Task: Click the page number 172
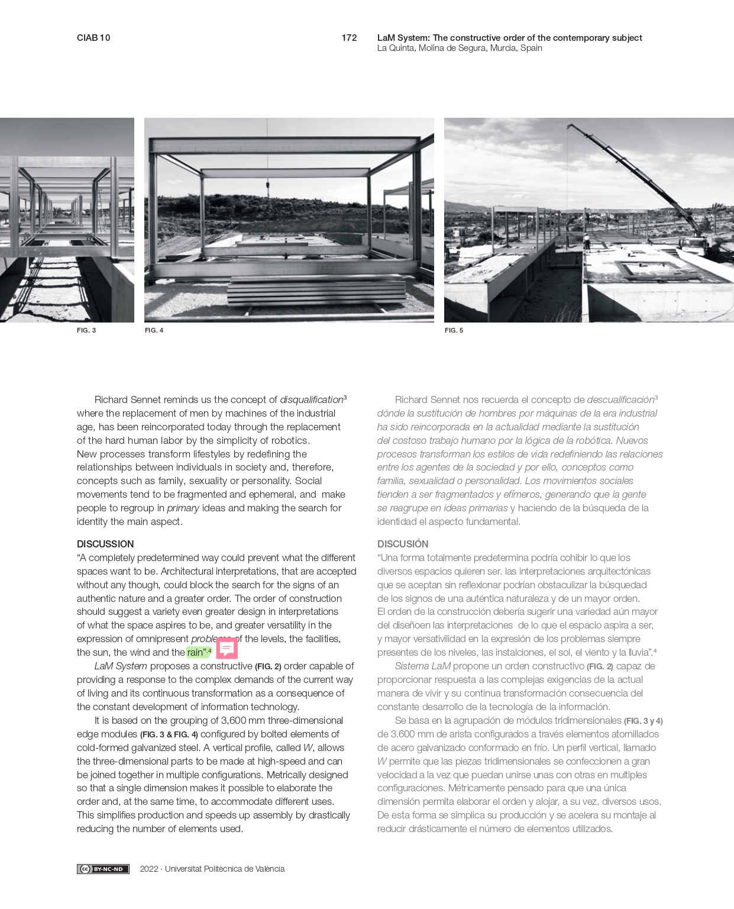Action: pos(349,38)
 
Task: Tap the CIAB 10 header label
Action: pos(93,38)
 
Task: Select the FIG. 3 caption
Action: pos(86,330)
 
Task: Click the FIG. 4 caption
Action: pos(154,330)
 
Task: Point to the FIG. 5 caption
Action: pos(454,330)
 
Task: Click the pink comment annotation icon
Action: pos(227,648)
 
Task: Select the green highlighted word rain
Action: pos(196,652)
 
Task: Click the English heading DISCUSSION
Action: pos(105,544)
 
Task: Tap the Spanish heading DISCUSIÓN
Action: pos(403,544)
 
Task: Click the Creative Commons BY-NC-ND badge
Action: pos(103,869)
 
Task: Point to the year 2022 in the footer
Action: pos(149,869)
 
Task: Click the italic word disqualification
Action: pos(311,400)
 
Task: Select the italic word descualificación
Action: pos(620,400)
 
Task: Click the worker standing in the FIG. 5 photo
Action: pos(587,243)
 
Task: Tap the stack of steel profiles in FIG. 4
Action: pos(316,290)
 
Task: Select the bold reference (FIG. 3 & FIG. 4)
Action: pos(169,734)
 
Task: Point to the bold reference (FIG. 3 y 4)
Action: pos(643,721)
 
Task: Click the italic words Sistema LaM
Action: pos(422,666)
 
